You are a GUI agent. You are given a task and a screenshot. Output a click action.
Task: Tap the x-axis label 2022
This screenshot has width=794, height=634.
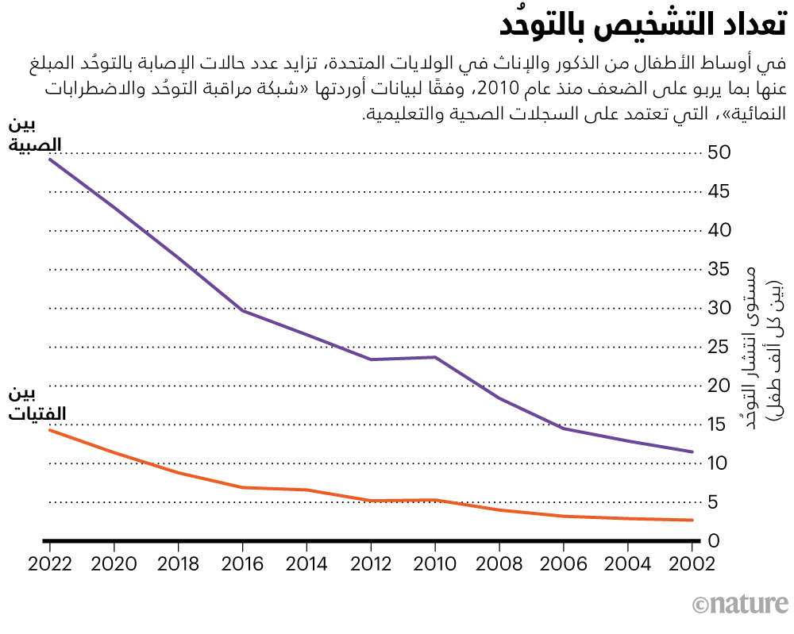coord(49,564)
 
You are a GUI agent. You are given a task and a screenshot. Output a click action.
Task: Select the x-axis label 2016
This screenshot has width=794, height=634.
coord(242,564)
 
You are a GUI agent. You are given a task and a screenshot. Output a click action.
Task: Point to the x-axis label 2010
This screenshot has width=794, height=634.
coord(435,564)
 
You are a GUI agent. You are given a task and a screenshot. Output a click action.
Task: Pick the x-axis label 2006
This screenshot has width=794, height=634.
coord(564,564)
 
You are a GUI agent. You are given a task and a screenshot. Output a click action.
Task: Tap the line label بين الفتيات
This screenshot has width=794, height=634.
coord(37,403)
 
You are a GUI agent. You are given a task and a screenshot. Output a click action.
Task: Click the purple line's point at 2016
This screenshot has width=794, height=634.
coord(242,310)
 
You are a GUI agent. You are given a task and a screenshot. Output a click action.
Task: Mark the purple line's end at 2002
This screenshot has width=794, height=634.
coord(692,451)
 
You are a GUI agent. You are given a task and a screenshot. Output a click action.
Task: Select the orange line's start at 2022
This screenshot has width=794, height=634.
coord(49,429)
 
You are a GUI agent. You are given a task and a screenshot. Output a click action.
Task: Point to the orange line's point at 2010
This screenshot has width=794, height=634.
coord(435,500)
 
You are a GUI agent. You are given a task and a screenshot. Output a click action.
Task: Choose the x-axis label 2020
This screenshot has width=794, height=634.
coord(114,564)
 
